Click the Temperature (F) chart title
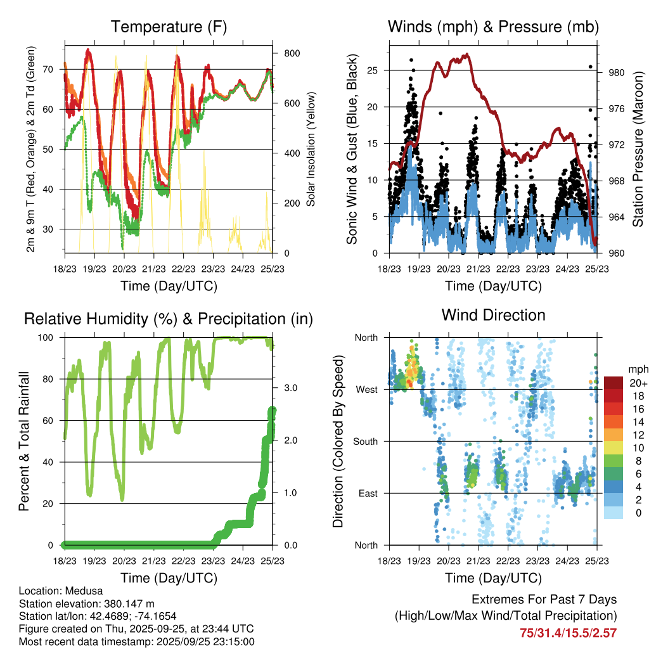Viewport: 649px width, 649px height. (169, 27)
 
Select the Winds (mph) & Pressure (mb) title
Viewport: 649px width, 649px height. (493, 27)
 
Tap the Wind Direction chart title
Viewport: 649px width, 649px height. (493, 314)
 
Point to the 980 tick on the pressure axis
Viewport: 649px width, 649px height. (617, 72)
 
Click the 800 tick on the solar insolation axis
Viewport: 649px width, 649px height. (292, 53)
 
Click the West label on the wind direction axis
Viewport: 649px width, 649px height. (366, 389)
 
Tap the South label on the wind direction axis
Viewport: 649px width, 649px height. (365, 441)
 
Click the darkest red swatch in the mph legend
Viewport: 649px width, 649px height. (614, 383)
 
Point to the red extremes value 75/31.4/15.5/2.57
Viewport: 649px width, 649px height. (568, 633)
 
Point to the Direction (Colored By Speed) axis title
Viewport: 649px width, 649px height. (338, 440)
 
